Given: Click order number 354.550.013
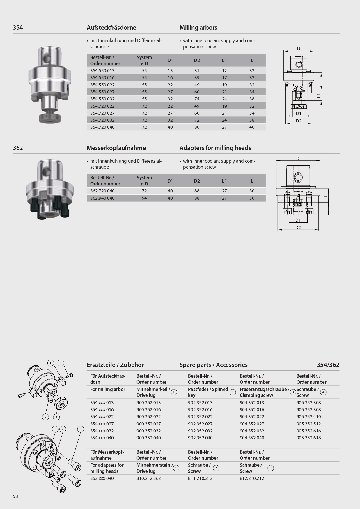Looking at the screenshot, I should pos(102,70).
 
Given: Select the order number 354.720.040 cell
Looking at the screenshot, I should pos(102,127).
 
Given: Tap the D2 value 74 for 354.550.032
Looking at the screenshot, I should pos(197,99).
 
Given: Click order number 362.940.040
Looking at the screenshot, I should pos(102,198).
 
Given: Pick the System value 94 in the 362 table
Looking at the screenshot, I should pos(144,198).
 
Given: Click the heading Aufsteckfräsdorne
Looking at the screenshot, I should pos(111,28).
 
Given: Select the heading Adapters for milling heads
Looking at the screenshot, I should pos(215,148).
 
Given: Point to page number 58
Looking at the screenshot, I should pos(15,496).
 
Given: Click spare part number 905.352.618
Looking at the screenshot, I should pos(308,438).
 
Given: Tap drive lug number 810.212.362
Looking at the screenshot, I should pos(148,478).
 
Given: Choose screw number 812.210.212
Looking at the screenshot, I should pos(252,478).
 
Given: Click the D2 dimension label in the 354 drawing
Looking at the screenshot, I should pos(299,121).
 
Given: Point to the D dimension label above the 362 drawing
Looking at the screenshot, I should pos(298,158).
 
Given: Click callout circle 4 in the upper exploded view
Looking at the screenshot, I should pos(61,363).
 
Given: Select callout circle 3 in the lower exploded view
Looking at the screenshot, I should pos(80,429).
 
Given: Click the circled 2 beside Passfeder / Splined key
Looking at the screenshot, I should pos(233,392).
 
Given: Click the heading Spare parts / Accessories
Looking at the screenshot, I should pos(213,365).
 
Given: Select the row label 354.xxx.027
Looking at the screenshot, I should pos(102,424).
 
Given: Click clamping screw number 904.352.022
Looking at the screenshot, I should pos(252,416).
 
